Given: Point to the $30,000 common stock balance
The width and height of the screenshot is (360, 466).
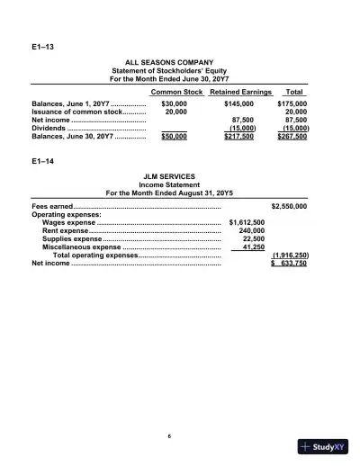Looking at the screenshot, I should click(174, 103).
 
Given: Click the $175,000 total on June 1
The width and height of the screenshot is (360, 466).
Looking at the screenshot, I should click(292, 103).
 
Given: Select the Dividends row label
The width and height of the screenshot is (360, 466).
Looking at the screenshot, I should click(49, 128).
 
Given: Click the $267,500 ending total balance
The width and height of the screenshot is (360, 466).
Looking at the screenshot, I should click(292, 137).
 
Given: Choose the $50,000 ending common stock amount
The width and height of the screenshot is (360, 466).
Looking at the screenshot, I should click(174, 137).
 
